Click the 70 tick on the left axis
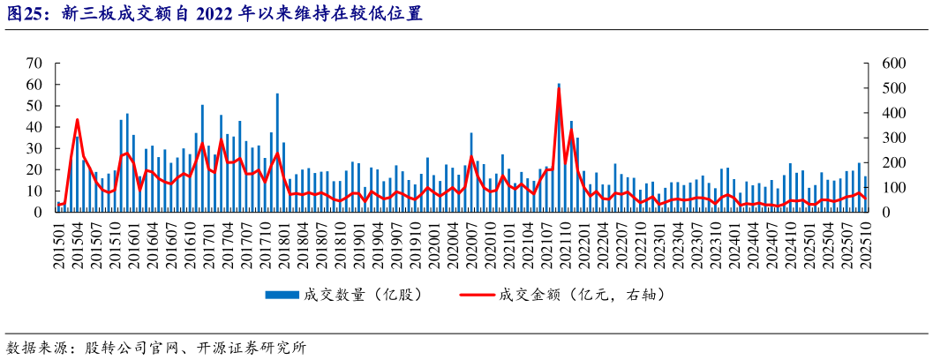point(34,64)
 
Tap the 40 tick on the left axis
point(34,127)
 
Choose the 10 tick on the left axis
point(34,191)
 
